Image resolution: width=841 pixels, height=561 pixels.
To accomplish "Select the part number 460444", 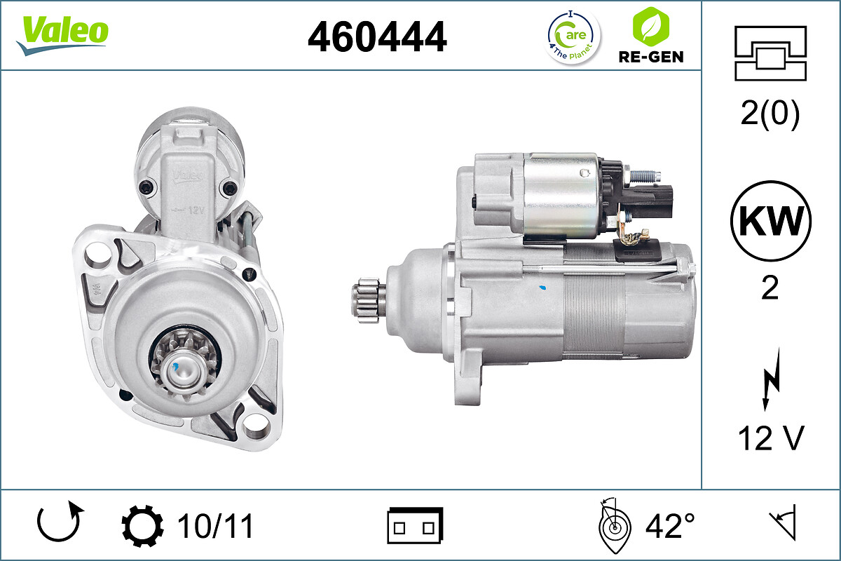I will [x=377, y=36].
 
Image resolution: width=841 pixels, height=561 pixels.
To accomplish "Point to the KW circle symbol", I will [x=770, y=222].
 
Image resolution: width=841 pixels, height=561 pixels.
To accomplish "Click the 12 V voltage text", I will [x=770, y=438].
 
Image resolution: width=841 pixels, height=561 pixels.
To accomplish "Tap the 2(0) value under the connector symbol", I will [x=770, y=115].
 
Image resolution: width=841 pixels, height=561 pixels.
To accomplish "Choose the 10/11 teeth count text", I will [x=215, y=526].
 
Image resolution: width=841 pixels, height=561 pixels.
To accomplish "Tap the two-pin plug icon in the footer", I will [x=415, y=526].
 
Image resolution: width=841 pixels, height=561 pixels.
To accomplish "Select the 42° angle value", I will [x=669, y=526].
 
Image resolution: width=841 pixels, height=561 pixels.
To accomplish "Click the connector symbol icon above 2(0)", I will [x=770, y=53].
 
